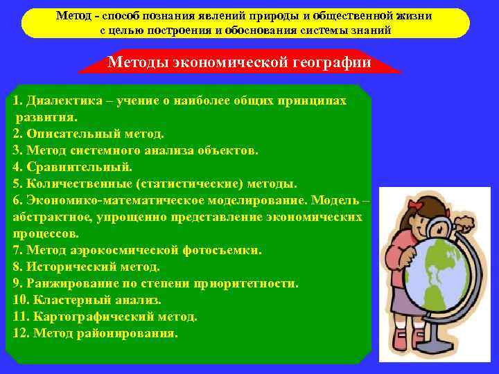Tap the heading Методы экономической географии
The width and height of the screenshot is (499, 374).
pyautogui.click(x=239, y=63)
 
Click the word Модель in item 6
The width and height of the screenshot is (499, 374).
pyautogui.click(x=335, y=200)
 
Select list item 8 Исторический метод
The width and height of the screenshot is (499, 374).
pyautogui.click(x=86, y=267)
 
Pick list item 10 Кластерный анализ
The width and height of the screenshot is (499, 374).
pyautogui.click(x=87, y=300)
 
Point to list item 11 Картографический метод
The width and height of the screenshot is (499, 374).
pyautogui.click(x=105, y=317)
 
